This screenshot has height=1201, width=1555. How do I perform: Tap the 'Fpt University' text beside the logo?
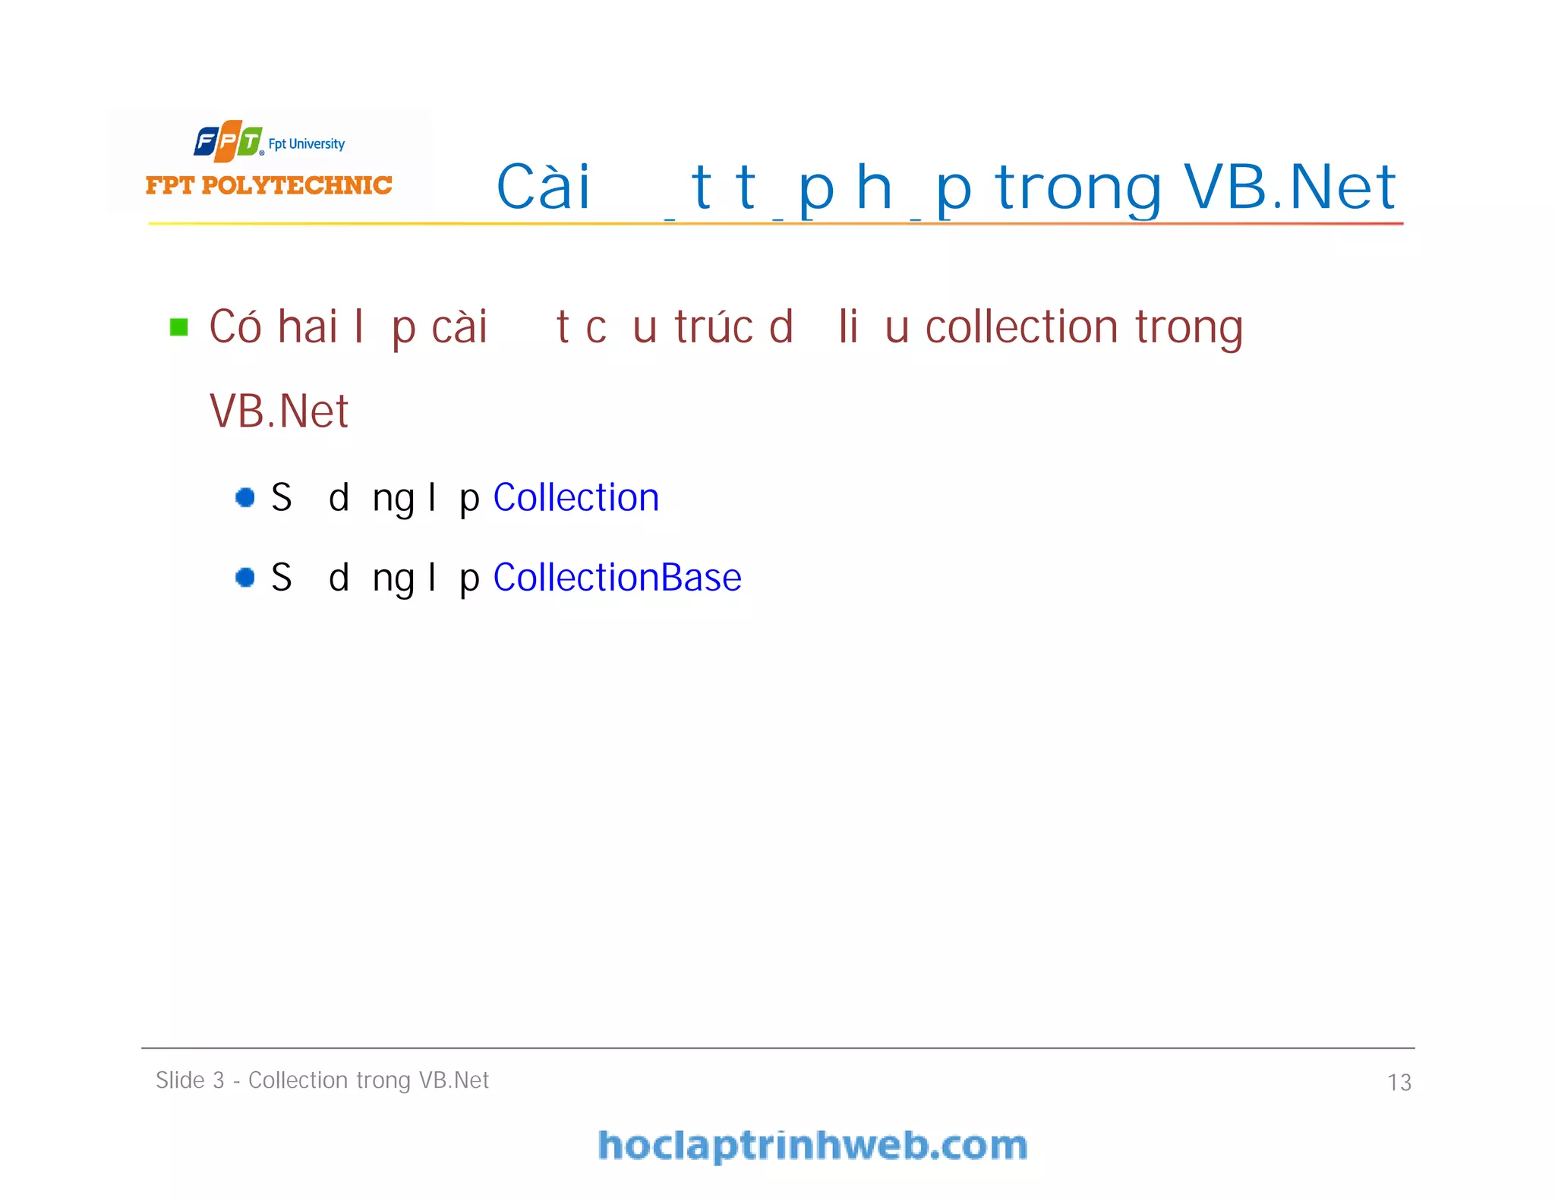[x=307, y=143]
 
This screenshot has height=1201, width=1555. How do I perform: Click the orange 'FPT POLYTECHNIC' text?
[x=269, y=185]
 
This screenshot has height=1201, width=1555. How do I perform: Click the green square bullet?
[x=179, y=327]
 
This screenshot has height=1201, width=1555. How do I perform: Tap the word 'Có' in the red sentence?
[x=235, y=327]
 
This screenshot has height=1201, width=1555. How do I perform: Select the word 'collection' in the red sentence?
[x=1021, y=327]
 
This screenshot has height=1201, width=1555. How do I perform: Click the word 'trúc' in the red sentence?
[x=714, y=327]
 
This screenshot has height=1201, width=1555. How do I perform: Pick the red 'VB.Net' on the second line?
[x=279, y=411]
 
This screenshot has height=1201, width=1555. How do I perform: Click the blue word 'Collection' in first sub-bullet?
[x=576, y=498]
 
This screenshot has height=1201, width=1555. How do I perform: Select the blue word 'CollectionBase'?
[x=617, y=578]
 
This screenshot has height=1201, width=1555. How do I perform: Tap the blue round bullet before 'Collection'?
[x=245, y=497]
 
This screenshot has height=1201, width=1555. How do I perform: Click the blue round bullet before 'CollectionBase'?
[x=245, y=578]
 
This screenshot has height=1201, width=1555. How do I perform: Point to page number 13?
[x=1399, y=1083]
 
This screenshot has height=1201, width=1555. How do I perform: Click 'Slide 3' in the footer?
[x=190, y=1080]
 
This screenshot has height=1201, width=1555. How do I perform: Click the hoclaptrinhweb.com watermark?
[x=812, y=1146]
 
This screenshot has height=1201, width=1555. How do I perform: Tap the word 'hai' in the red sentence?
[x=308, y=327]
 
